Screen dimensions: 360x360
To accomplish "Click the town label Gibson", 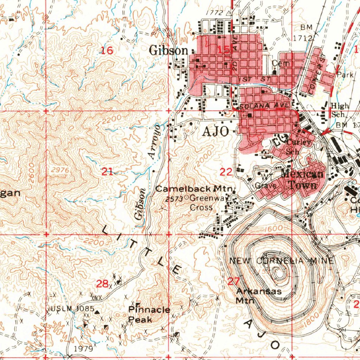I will (169, 51).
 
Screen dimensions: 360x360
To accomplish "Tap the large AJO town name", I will (216, 131).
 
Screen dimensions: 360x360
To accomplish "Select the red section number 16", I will (107, 51).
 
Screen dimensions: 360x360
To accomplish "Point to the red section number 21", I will (107, 172).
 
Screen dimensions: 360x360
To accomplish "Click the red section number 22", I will (226, 172).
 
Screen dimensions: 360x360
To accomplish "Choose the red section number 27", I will (233, 281).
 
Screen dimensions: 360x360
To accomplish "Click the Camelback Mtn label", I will (194, 189).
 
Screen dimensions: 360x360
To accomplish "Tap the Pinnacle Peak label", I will (149, 314).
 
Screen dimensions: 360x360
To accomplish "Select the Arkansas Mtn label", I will (258, 296).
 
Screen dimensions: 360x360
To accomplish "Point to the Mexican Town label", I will (302, 179).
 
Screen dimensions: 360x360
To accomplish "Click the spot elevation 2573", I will (174, 199).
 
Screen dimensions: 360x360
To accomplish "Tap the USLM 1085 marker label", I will (72, 309).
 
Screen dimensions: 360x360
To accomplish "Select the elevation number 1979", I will (84, 349).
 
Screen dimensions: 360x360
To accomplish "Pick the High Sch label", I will (340, 110).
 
